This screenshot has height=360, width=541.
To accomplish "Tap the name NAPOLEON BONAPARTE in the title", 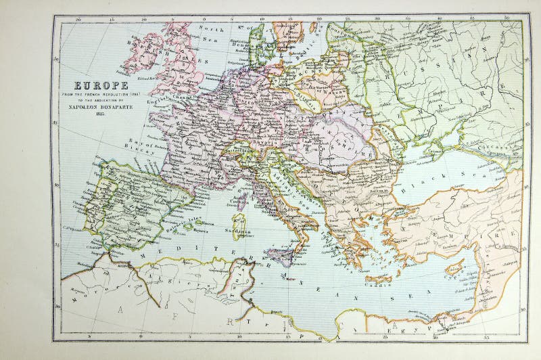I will click(x=99, y=108).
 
